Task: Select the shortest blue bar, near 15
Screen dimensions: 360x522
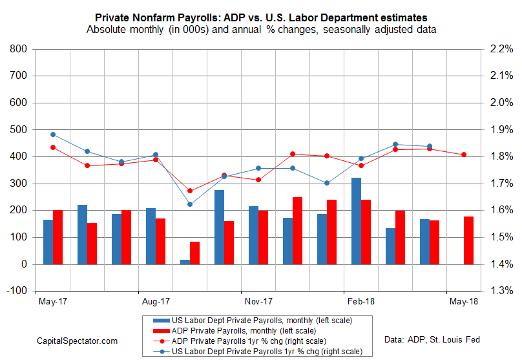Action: click(185, 262)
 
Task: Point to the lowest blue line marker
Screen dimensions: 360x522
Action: click(190, 204)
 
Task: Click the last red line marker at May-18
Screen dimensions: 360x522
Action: click(463, 154)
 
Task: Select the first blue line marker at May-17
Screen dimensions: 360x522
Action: click(53, 134)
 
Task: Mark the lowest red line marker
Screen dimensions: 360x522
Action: click(190, 191)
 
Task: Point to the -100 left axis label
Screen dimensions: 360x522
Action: click(17, 291)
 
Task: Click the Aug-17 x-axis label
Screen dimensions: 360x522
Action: click(156, 301)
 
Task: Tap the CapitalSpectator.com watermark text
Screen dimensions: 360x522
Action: click(77, 341)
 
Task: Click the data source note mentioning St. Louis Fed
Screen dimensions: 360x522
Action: click(431, 339)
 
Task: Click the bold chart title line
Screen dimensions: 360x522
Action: click(261, 17)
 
